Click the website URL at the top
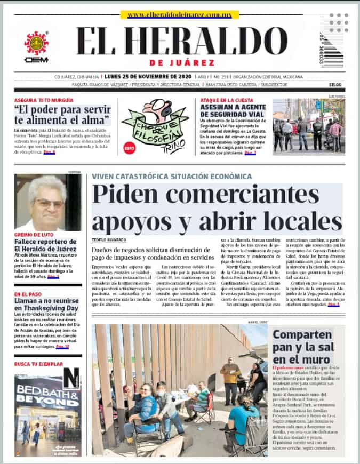[x=179, y=15]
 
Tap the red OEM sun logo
[x=36, y=43]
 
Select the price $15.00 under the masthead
[x=334, y=85]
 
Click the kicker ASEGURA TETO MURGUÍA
[x=44, y=100]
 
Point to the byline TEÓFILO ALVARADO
[x=108, y=240]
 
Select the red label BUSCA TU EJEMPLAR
[x=38, y=364]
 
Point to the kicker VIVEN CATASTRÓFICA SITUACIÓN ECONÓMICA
[x=171, y=177]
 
